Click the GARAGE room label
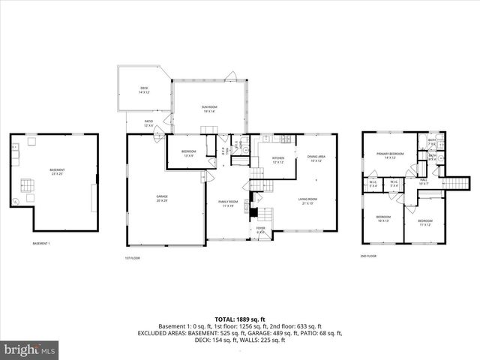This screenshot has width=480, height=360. [161, 198]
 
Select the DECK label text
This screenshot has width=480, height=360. [144, 90]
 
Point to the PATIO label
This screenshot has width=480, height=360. [148, 123]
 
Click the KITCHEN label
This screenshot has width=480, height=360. [277, 159]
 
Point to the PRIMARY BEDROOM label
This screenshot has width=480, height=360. [390, 155]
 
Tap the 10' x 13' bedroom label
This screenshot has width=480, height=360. [383, 218]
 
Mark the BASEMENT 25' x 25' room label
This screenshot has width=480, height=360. [57, 172]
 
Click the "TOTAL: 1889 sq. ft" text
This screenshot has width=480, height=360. [239, 318]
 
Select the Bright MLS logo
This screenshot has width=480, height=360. [29, 349]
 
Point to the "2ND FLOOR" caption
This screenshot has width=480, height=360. [367, 256]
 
